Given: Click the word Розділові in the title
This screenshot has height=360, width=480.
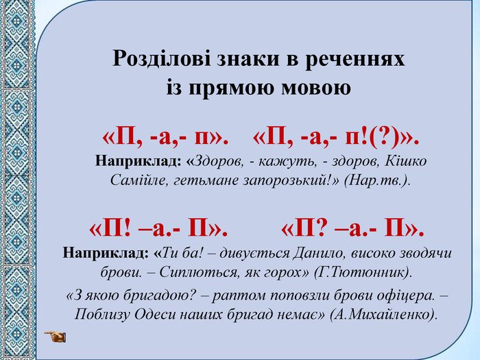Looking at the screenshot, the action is tap(162, 58).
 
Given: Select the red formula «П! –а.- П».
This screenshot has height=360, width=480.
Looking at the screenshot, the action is tap(158, 229).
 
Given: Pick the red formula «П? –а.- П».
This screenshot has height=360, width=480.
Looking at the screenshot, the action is tap(352, 229).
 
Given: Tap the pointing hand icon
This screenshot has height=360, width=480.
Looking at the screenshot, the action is tap(55, 337).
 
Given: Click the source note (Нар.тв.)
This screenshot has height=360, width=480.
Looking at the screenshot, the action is tap(377, 180).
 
